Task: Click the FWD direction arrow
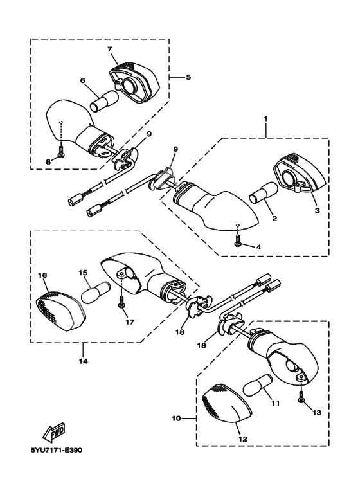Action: pos(54,432)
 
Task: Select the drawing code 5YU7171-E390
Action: pos(57,451)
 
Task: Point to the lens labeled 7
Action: pos(135,83)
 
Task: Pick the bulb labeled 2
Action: pos(264,193)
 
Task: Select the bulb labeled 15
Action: pos(96,293)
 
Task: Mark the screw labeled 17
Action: pos(122,300)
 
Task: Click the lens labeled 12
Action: pos(227,403)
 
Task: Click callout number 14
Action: pos(84,361)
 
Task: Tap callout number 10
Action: pos(176,419)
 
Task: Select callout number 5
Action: pos(188,77)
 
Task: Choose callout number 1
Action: pos(265,118)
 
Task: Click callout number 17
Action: pos(130,322)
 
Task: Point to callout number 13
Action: pos(317,412)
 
